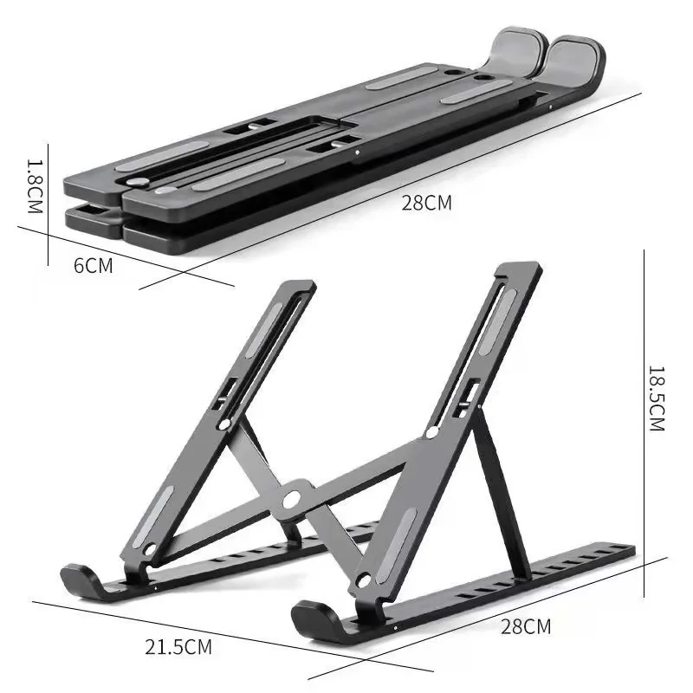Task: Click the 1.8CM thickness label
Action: [x=34, y=186]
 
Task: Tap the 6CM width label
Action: [x=93, y=266]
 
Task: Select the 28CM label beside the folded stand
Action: [x=426, y=204]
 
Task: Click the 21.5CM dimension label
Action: [x=178, y=646]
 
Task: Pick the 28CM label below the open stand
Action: [x=525, y=626]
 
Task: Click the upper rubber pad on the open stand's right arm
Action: [x=502, y=321]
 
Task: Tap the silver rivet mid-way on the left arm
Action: [x=225, y=424]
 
